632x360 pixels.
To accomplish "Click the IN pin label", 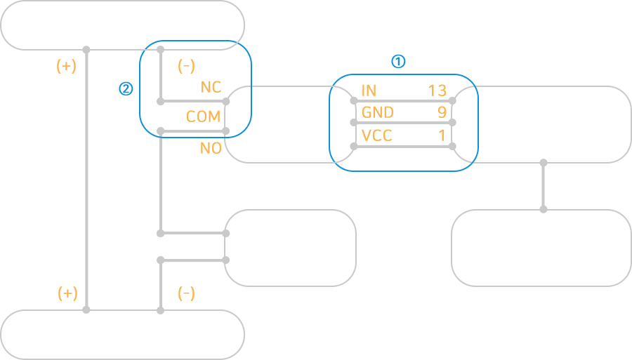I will click(369, 91).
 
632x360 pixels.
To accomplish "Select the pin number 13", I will click(437, 91).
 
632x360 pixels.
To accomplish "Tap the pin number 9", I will click(442, 112).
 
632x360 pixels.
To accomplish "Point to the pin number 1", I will click(442, 135).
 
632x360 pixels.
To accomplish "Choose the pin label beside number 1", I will click(376, 135).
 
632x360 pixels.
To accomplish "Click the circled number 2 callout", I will click(126, 89).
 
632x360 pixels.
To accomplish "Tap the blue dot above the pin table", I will click(398, 61).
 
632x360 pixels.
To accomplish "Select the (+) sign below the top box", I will click(66, 66).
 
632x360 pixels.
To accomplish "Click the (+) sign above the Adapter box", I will click(67, 293).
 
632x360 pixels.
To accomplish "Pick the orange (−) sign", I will click(186, 293).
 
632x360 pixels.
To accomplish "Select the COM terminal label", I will click(204, 116).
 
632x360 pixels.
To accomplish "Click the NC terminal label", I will click(211, 88).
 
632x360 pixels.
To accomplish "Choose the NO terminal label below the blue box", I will click(211, 148).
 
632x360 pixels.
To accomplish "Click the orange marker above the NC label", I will click(186, 67).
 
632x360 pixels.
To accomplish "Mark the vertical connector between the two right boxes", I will click(544, 186).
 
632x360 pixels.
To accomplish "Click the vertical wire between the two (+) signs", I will click(86, 179).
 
